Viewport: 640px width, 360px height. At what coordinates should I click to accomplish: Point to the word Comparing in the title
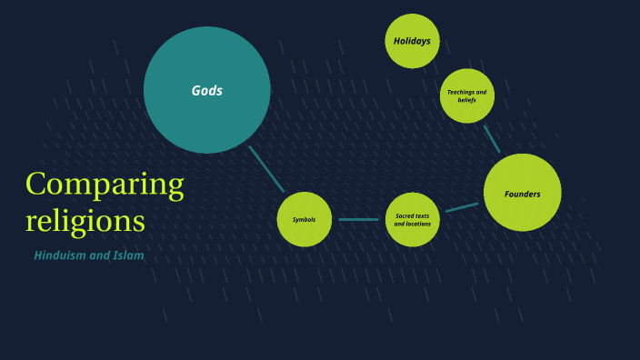[105, 185]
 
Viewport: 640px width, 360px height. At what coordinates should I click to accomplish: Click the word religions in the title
[85, 220]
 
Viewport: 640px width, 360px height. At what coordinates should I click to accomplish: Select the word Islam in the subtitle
[128, 255]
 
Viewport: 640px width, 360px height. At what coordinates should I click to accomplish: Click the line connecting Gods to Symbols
[266, 168]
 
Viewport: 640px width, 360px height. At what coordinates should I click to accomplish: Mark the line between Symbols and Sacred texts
[358, 219]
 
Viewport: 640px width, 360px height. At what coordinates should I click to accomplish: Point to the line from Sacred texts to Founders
[462, 207]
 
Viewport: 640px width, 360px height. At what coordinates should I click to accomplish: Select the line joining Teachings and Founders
[492, 139]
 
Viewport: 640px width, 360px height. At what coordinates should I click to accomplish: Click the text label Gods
[207, 91]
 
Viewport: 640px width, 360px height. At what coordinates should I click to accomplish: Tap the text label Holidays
[412, 41]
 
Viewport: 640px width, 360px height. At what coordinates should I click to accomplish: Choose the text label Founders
[523, 194]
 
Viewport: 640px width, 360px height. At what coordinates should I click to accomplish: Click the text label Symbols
[304, 220]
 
